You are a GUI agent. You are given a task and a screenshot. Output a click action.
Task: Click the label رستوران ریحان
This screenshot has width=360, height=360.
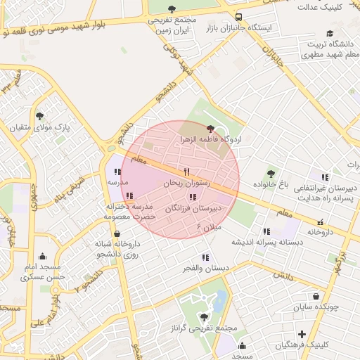point(182,183)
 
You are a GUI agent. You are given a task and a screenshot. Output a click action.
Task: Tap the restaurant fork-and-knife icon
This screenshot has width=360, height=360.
point(186,172)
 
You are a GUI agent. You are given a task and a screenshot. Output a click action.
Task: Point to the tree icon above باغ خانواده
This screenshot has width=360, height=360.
point(271,173)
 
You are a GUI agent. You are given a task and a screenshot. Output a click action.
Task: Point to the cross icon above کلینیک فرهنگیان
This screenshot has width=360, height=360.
point(302,334)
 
